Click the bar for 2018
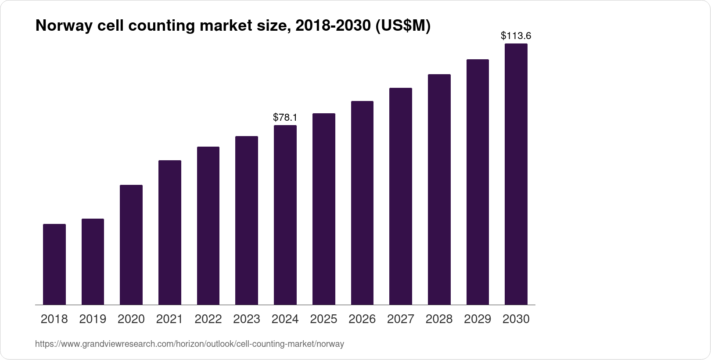click(x=54, y=264)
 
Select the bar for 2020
click(x=131, y=245)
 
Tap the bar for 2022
click(x=208, y=226)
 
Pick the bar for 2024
click(x=285, y=215)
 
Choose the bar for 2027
click(x=400, y=196)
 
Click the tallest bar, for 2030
click(x=516, y=174)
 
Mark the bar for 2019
click(x=93, y=262)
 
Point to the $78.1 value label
click(x=285, y=117)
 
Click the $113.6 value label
click(x=516, y=36)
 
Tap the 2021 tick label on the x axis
click(x=169, y=319)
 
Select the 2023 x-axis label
click(x=247, y=319)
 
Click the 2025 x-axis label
click(x=323, y=319)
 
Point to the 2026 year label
click(x=362, y=319)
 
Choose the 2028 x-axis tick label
click(x=439, y=319)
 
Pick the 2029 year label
click(x=478, y=319)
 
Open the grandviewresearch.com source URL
click(x=190, y=344)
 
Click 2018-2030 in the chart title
click(x=332, y=26)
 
